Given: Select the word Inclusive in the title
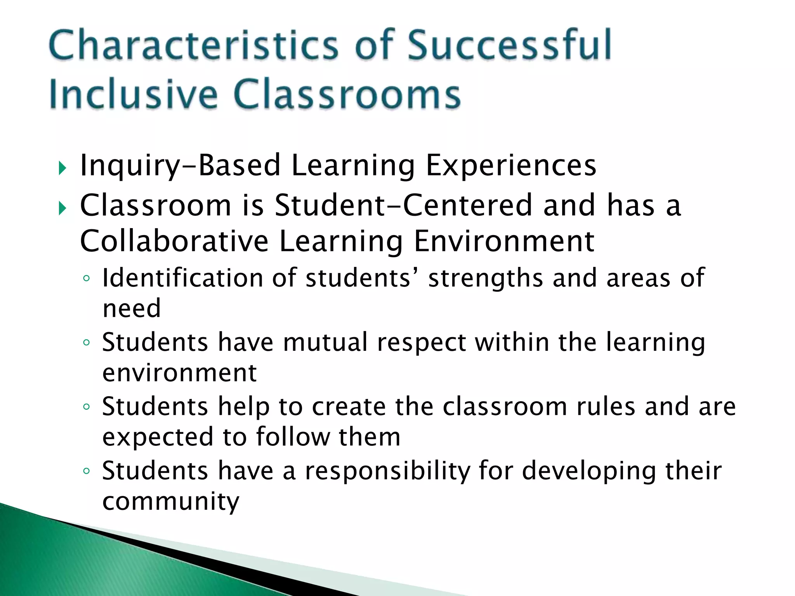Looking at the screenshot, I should (x=133, y=94).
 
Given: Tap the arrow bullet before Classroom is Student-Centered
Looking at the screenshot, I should (x=62, y=209).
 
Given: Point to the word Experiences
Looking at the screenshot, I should (x=511, y=165).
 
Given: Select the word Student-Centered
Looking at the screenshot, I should (x=403, y=205).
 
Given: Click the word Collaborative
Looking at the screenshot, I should (x=174, y=241).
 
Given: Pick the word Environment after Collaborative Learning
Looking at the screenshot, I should (x=504, y=241).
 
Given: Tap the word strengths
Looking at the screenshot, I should (x=485, y=278).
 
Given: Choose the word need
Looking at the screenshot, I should (x=132, y=308).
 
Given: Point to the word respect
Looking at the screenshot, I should (x=421, y=343).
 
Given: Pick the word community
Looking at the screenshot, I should (x=171, y=502).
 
